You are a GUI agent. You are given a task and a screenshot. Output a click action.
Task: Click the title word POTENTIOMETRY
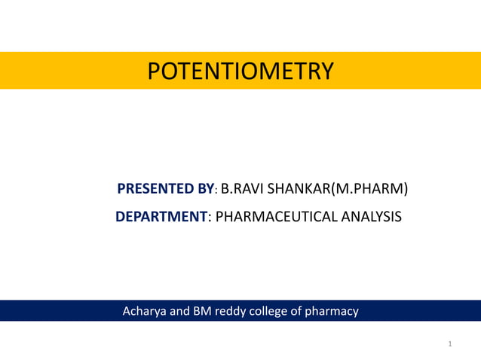click(240, 71)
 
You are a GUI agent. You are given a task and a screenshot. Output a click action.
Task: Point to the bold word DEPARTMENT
click(161, 217)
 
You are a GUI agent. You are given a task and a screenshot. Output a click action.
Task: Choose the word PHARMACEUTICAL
click(274, 217)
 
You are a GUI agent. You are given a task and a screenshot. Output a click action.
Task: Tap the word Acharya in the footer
click(145, 310)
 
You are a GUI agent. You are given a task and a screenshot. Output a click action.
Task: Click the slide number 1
click(449, 344)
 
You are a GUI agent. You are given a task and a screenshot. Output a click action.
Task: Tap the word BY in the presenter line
click(205, 188)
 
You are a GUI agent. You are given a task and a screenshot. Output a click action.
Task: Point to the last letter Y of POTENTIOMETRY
click(326, 71)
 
